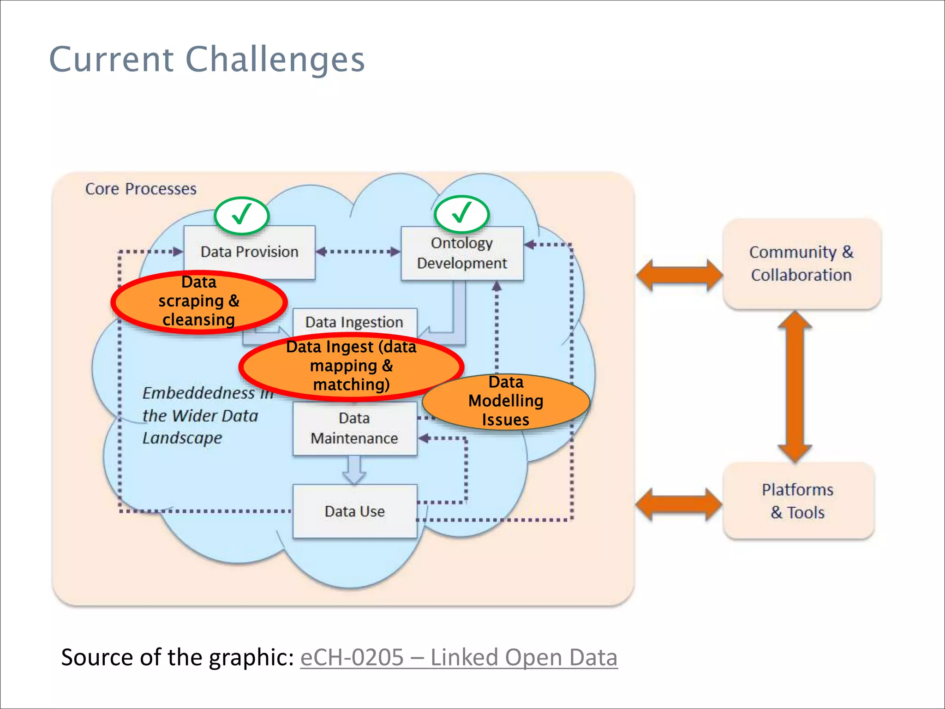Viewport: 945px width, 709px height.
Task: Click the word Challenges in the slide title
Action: click(275, 60)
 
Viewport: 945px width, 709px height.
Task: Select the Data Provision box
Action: click(249, 252)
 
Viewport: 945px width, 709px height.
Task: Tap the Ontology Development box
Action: click(462, 253)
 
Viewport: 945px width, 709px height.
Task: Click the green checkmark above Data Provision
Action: click(241, 215)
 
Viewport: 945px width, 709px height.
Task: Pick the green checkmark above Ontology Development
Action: click(461, 214)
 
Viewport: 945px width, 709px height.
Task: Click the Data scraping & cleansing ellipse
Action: click(199, 301)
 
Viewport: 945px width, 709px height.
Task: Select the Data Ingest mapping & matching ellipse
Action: click(351, 366)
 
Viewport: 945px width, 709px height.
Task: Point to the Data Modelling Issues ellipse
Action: click(506, 401)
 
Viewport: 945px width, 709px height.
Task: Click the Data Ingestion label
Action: click(354, 322)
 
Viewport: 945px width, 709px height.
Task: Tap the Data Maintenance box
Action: click(354, 428)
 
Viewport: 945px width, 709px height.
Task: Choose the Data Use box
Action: click(354, 511)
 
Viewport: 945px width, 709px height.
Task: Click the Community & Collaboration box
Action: click(801, 264)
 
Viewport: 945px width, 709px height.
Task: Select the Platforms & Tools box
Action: click(798, 501)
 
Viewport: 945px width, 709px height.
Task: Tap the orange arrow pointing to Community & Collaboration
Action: click(679, 275)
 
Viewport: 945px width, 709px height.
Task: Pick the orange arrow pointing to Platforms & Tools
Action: click(678, 504)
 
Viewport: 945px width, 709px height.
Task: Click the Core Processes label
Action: click(141, 189)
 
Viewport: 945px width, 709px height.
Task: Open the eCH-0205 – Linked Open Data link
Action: click(459, 657)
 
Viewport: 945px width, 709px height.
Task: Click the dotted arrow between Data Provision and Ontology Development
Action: click(358, 252)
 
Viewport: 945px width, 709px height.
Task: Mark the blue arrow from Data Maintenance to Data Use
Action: click(354, 470)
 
